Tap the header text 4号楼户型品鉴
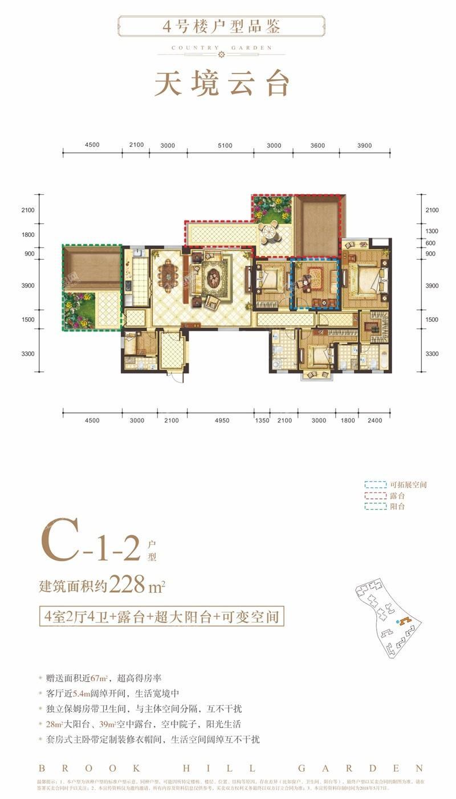tap(222, 26)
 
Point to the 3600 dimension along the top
tap(317, 146)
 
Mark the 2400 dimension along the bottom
tap(376, 420)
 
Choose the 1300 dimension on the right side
tap(431, 231)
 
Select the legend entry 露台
tap(397, 496)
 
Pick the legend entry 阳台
tap(397, 506)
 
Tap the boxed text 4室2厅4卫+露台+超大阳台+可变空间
tap(161, 616)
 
